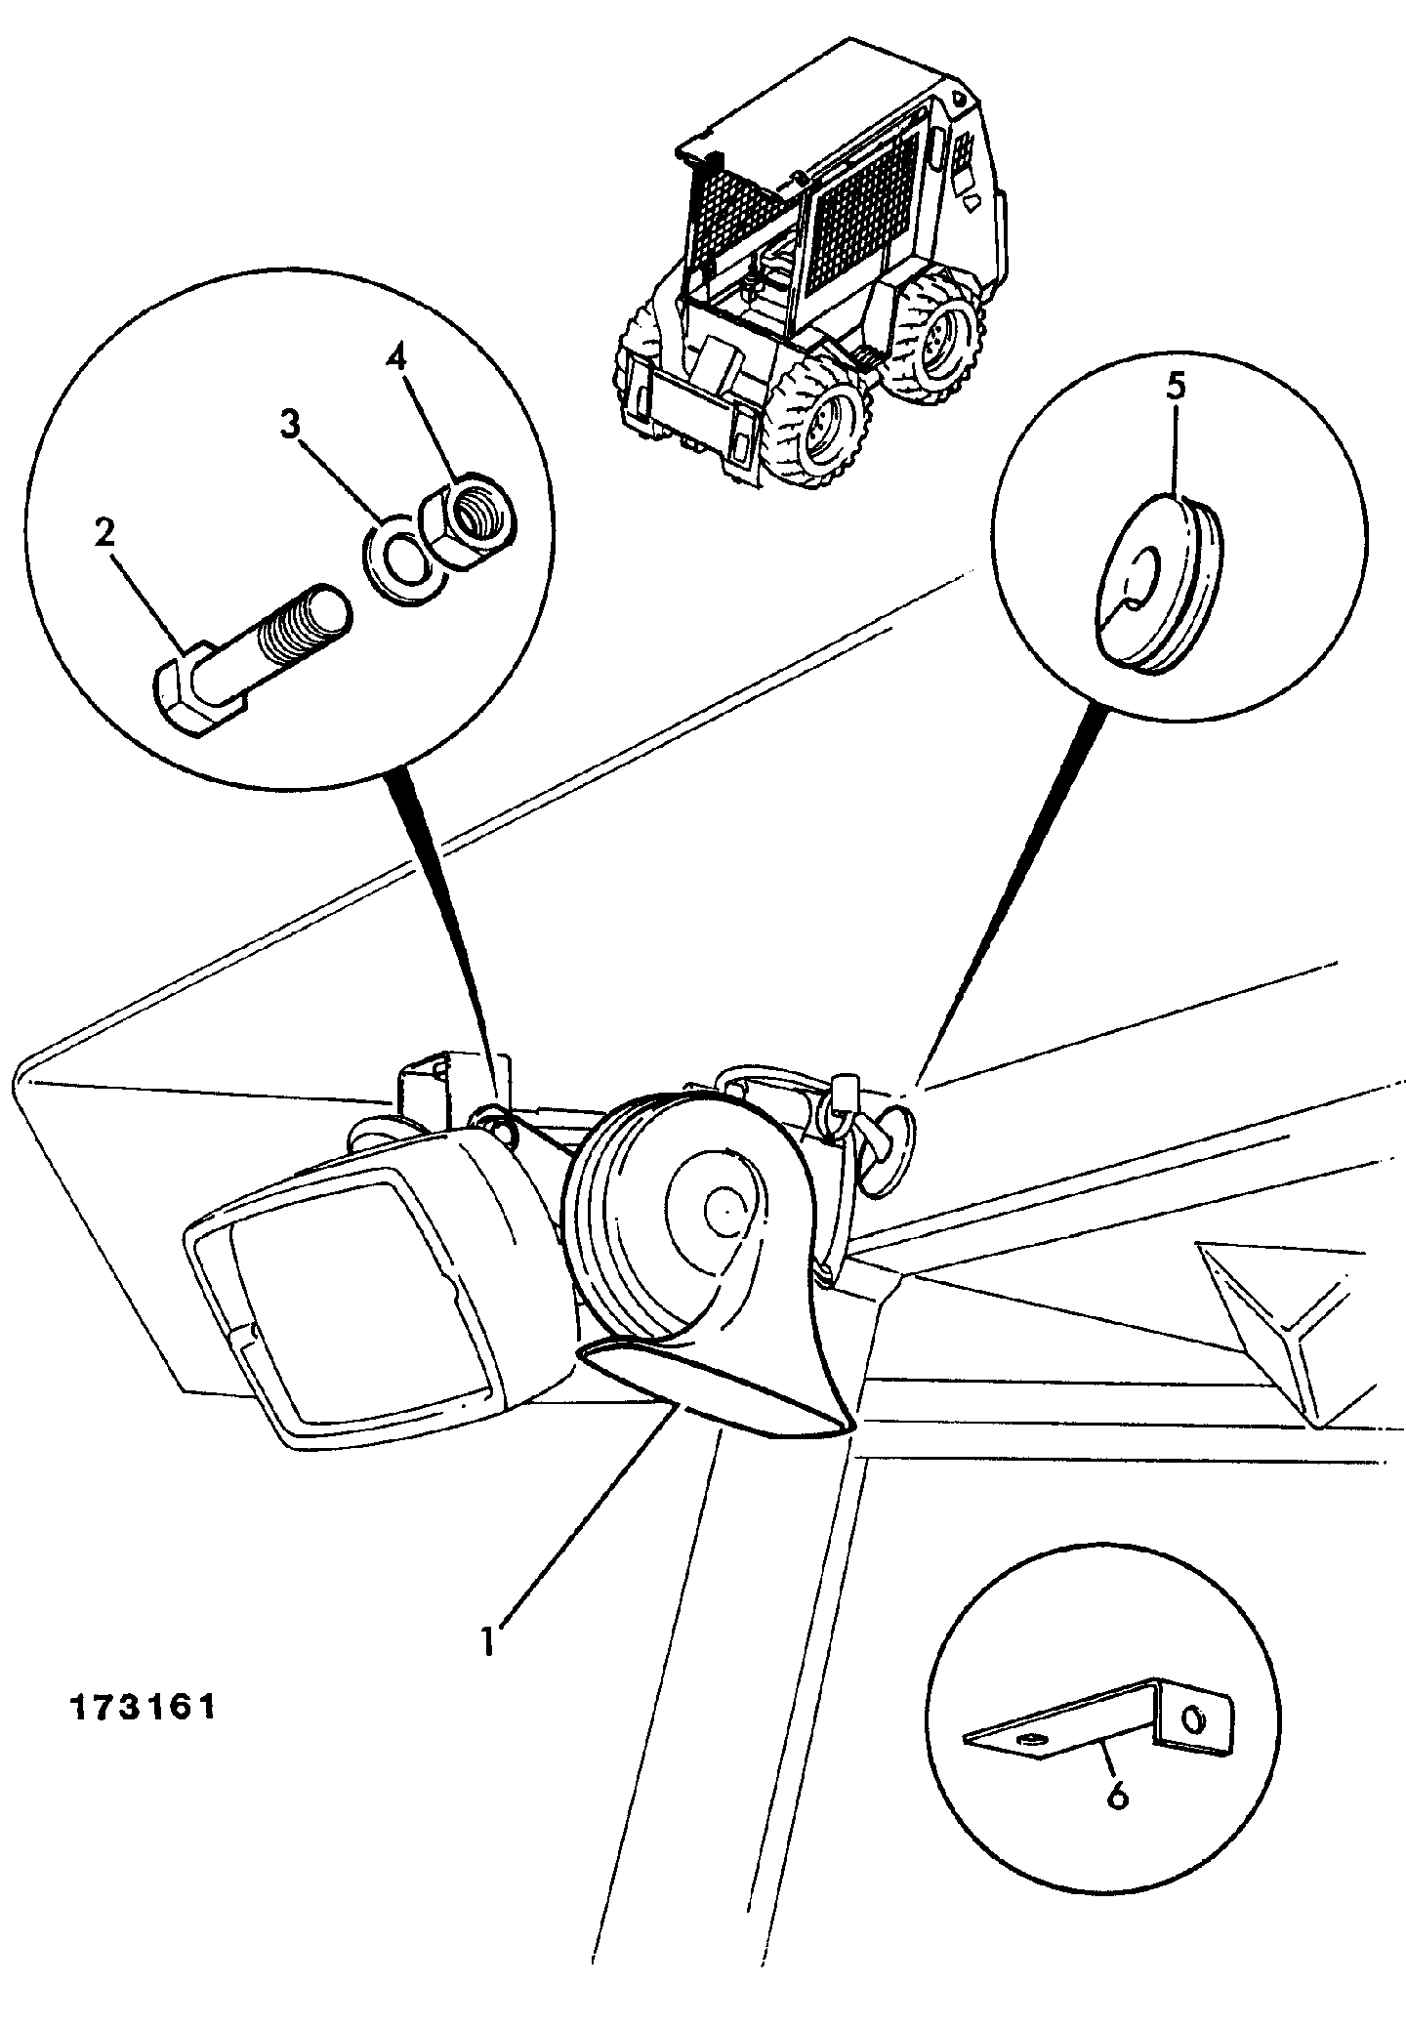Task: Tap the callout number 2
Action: (104, 532)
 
